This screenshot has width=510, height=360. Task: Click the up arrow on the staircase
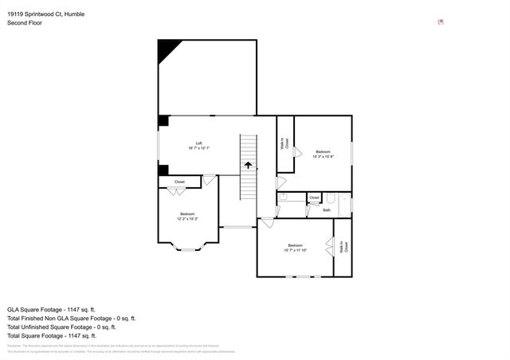(x=249, y=166)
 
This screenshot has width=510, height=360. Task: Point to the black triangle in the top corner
(x=167, y=50)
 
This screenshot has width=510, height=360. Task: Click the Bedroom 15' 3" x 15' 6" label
(x=323, y=154)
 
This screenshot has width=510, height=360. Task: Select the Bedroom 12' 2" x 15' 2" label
(x=187, y=216)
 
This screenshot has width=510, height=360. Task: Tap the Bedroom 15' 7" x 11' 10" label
(x=295, y=247)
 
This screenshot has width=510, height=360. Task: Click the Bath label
(x=326, y=210)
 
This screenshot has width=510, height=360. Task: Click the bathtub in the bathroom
(x=344, y=205)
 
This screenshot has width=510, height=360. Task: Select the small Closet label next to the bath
(x=314, y=198)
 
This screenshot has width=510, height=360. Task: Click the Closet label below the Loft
(x=180, y=182)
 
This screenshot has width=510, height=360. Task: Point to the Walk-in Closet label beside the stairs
(x=284, y=145)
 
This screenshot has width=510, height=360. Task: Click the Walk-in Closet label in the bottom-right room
(x=343, y=248)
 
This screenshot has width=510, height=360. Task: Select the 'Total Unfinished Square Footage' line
(x=61, y=327)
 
